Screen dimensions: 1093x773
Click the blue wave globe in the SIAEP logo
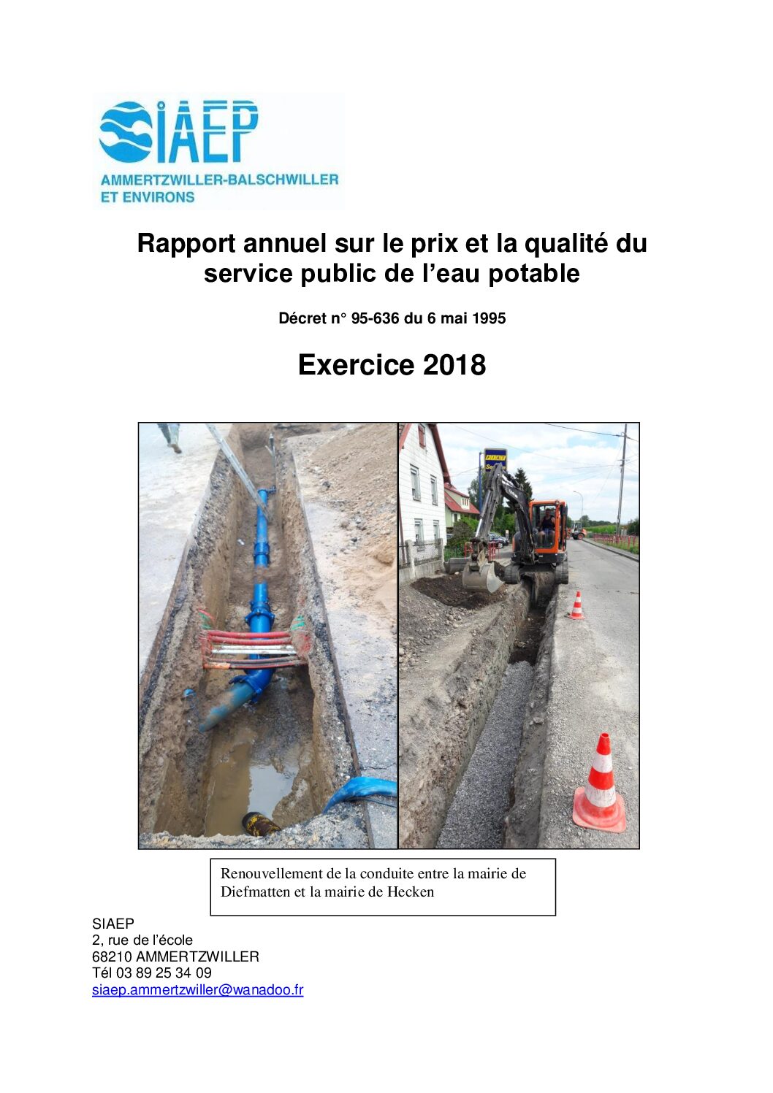(x=125, y=131)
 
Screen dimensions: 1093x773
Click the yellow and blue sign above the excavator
(x=495, y=459)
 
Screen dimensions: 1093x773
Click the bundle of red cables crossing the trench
(x=252, y=649)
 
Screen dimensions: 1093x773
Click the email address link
(x=197, y=990)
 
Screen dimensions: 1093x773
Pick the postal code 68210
(x=112, y=956)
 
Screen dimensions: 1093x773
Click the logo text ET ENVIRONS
(x=148, y=197)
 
